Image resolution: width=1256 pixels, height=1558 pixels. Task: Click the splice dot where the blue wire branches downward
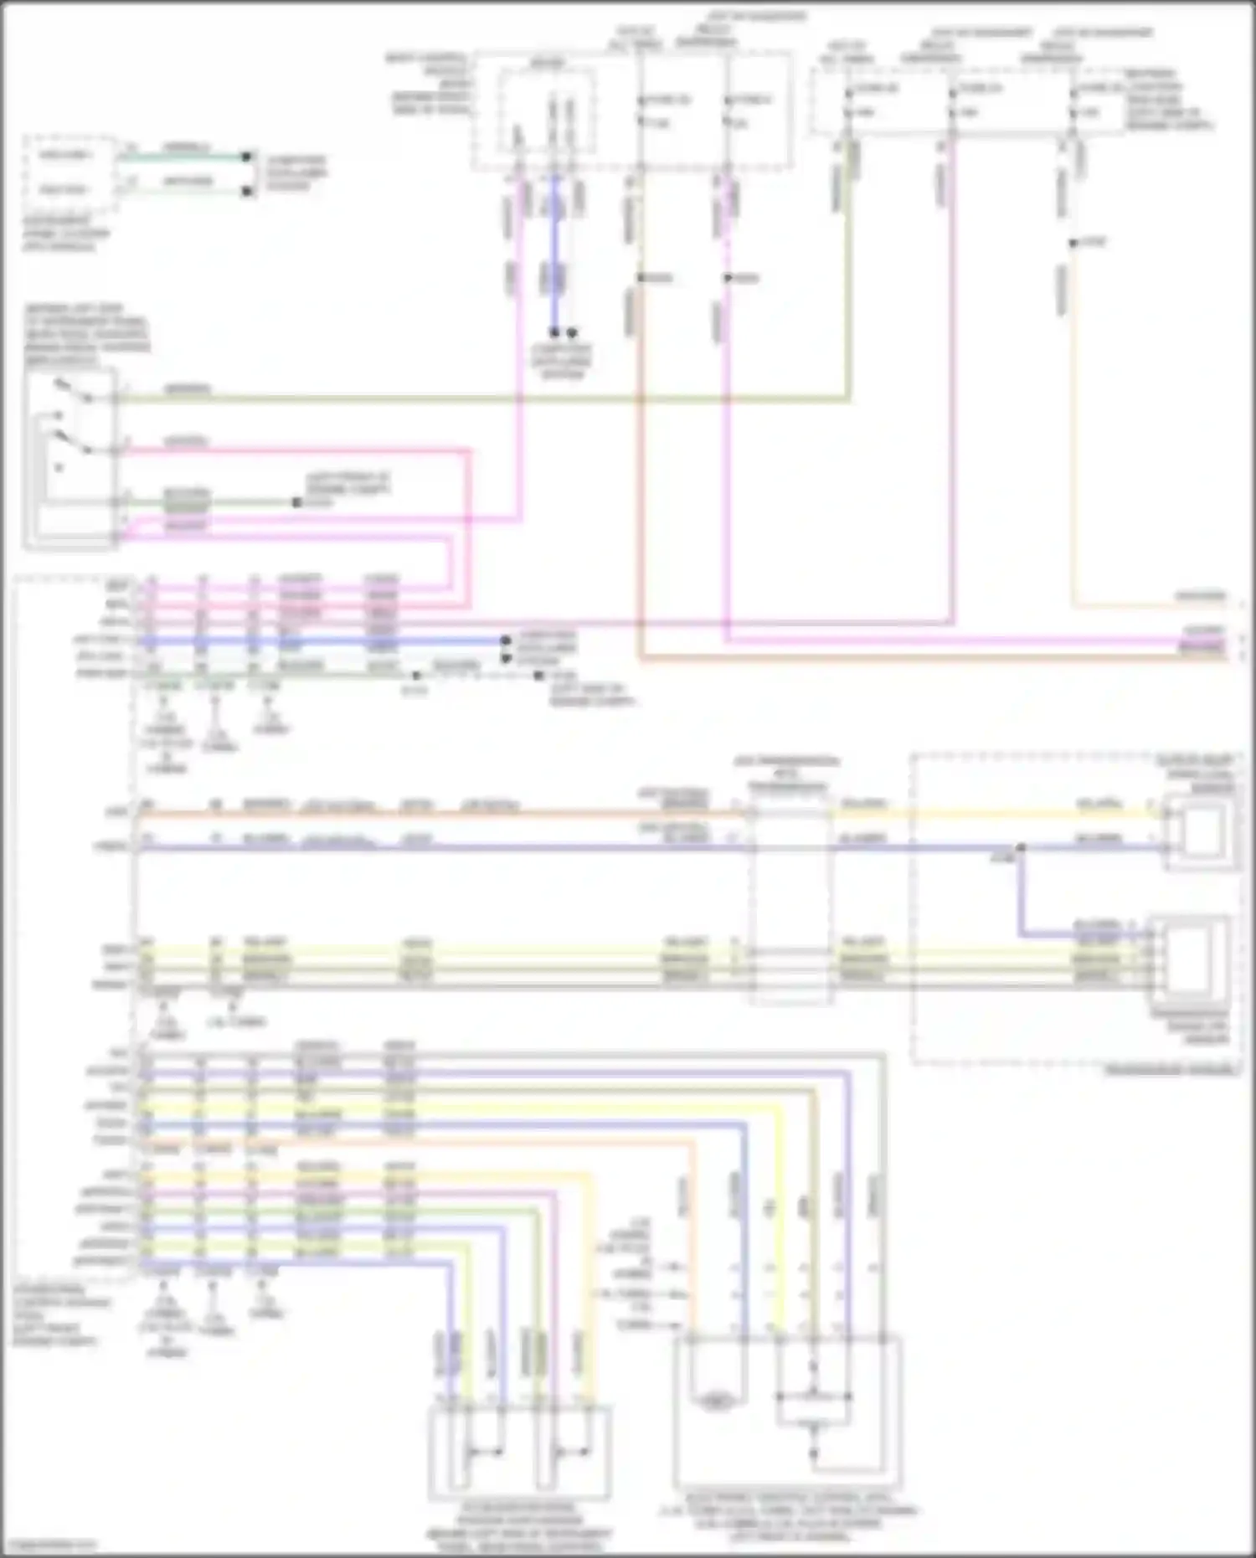point(1020,849)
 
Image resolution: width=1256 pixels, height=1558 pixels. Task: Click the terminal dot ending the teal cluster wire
point(247,157)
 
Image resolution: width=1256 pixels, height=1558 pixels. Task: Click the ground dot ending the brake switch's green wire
point(296,503)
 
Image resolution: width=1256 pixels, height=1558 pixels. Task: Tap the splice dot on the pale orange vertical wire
point(1073,244)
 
